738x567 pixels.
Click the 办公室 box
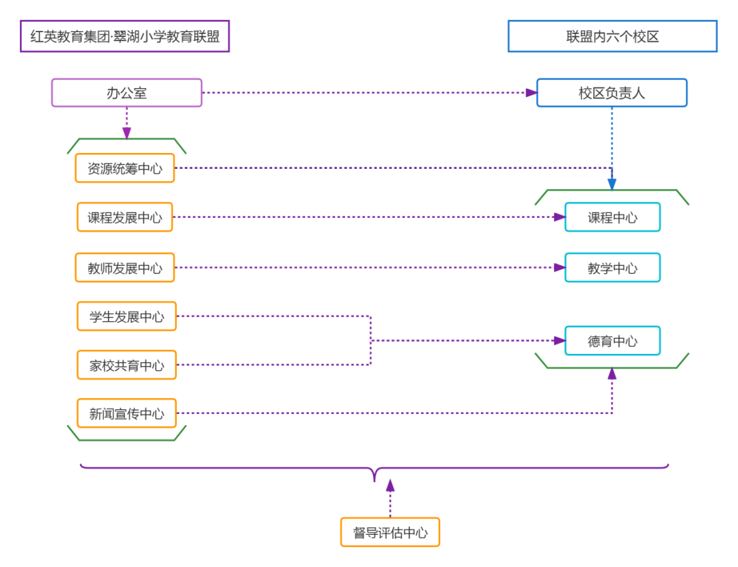point(126,93)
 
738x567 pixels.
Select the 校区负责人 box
point(612,93)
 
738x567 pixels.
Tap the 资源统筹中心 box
point(125,168)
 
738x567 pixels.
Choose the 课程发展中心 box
point(125,217)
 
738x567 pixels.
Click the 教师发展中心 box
point(125,268)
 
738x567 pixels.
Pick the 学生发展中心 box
point(126,316)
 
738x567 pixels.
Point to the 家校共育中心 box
point(126,365)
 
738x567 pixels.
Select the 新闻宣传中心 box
point(126,413)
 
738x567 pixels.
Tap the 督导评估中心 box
point(390,532)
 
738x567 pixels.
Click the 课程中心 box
point(612,217)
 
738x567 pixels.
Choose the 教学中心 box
point(612,268)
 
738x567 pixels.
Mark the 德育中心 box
point(612,341)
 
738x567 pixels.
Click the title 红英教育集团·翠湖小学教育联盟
point(125,36)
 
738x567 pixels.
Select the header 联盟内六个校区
point(612,36)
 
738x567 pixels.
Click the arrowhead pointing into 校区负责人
point(531,93)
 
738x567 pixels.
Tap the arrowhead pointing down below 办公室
point(126,134)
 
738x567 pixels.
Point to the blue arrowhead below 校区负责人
point(612,184)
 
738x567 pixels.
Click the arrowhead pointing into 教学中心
point(559,268)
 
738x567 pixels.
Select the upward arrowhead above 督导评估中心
point(390,485)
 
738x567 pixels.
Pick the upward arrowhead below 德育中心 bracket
point(612,373)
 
